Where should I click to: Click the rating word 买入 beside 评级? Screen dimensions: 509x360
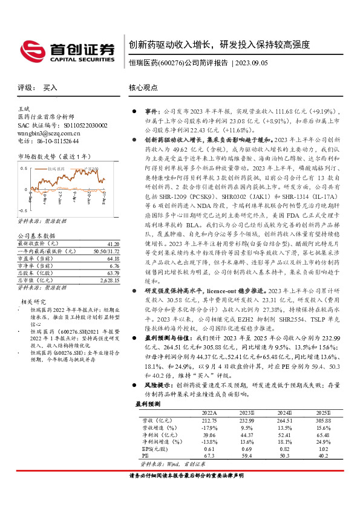50,88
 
